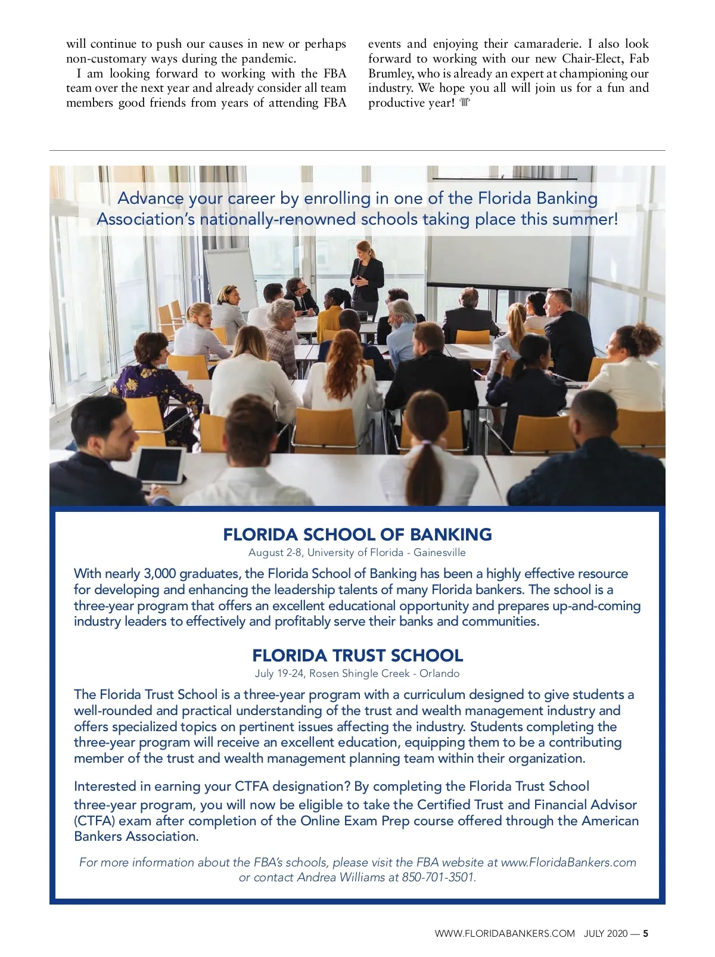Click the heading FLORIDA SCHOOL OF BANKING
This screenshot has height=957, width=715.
[357, 535]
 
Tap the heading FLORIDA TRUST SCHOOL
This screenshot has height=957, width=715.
[357, 655]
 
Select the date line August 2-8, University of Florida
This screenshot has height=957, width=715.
[357, 552]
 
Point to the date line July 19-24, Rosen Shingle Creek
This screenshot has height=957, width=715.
[357, 673]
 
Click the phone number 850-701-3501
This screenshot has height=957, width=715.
[439, 877]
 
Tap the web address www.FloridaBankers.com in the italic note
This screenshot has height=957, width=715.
[568, 862]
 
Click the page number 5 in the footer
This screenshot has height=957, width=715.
[645, 933]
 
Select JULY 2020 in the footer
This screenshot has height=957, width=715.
[605, 933]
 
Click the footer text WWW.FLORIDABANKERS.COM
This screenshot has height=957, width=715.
[505, 933]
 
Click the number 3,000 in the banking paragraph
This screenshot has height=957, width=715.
[160, 573]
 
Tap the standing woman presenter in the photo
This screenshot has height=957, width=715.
[365, 274]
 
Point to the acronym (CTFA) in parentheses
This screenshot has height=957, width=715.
[94, 821]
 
